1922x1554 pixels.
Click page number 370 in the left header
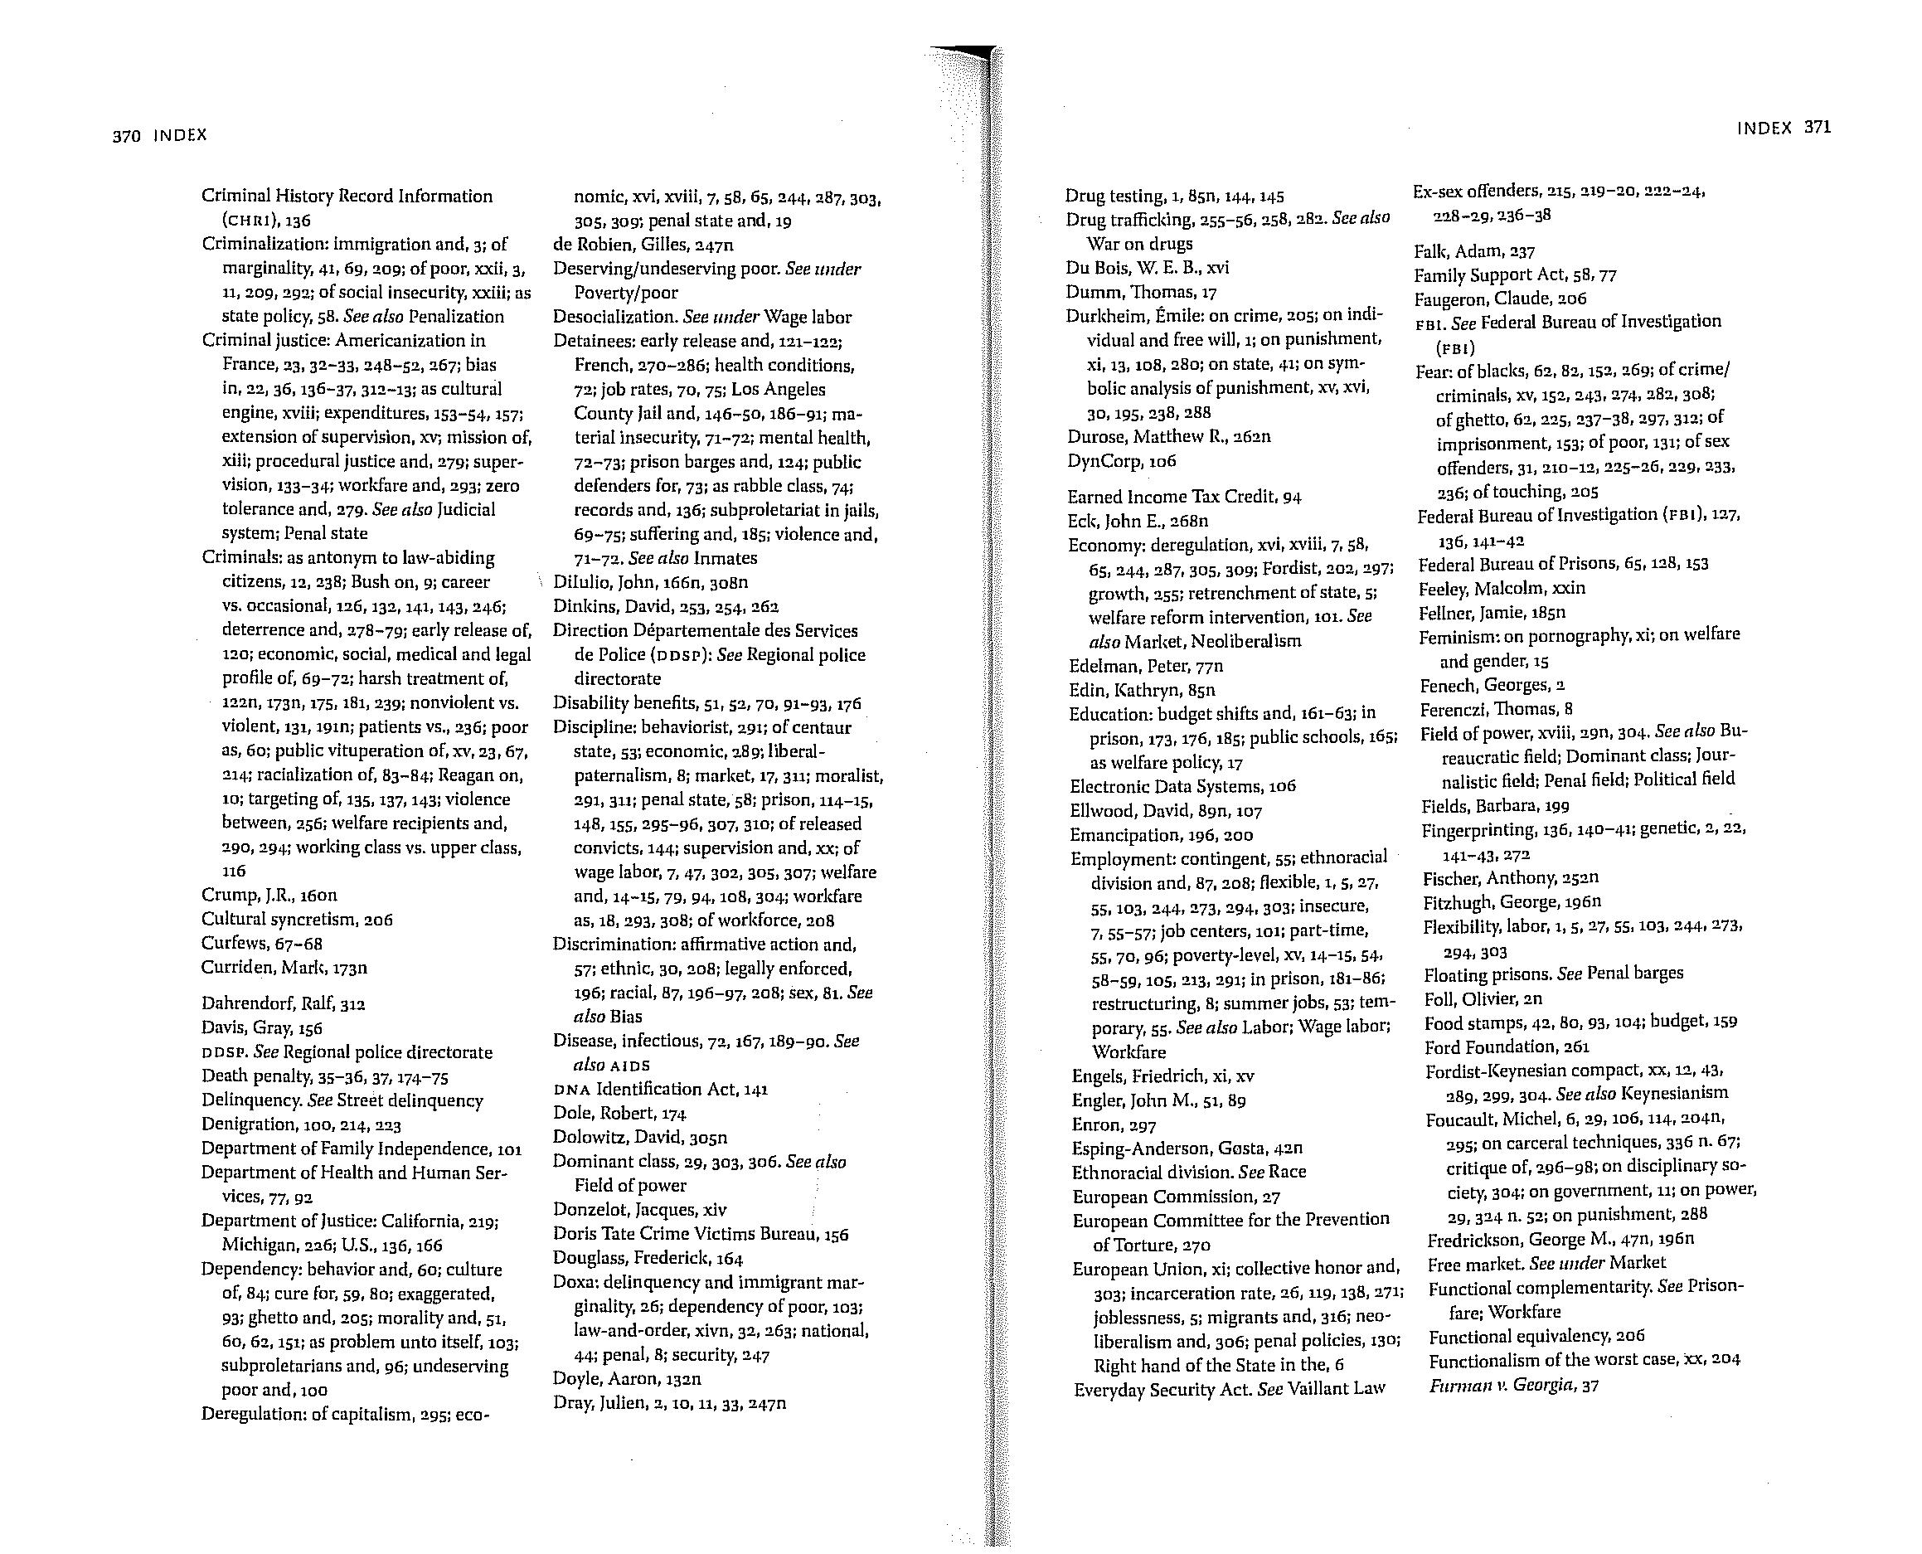pos(127,136)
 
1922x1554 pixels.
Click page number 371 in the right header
pos(1817,127)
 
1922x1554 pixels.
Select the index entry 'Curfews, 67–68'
pos(261,944)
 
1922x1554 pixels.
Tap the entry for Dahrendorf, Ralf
pos(283,1003)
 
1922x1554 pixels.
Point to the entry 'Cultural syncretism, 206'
pos(296,920)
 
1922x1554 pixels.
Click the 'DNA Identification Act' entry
pos(660,1090)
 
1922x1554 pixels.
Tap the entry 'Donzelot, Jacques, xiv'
pos(639,1210)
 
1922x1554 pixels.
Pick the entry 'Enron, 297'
pos(1113,1125)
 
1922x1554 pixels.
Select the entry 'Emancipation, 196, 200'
pos(1160,835)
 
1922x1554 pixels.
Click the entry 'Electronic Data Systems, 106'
pos(1182,786)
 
